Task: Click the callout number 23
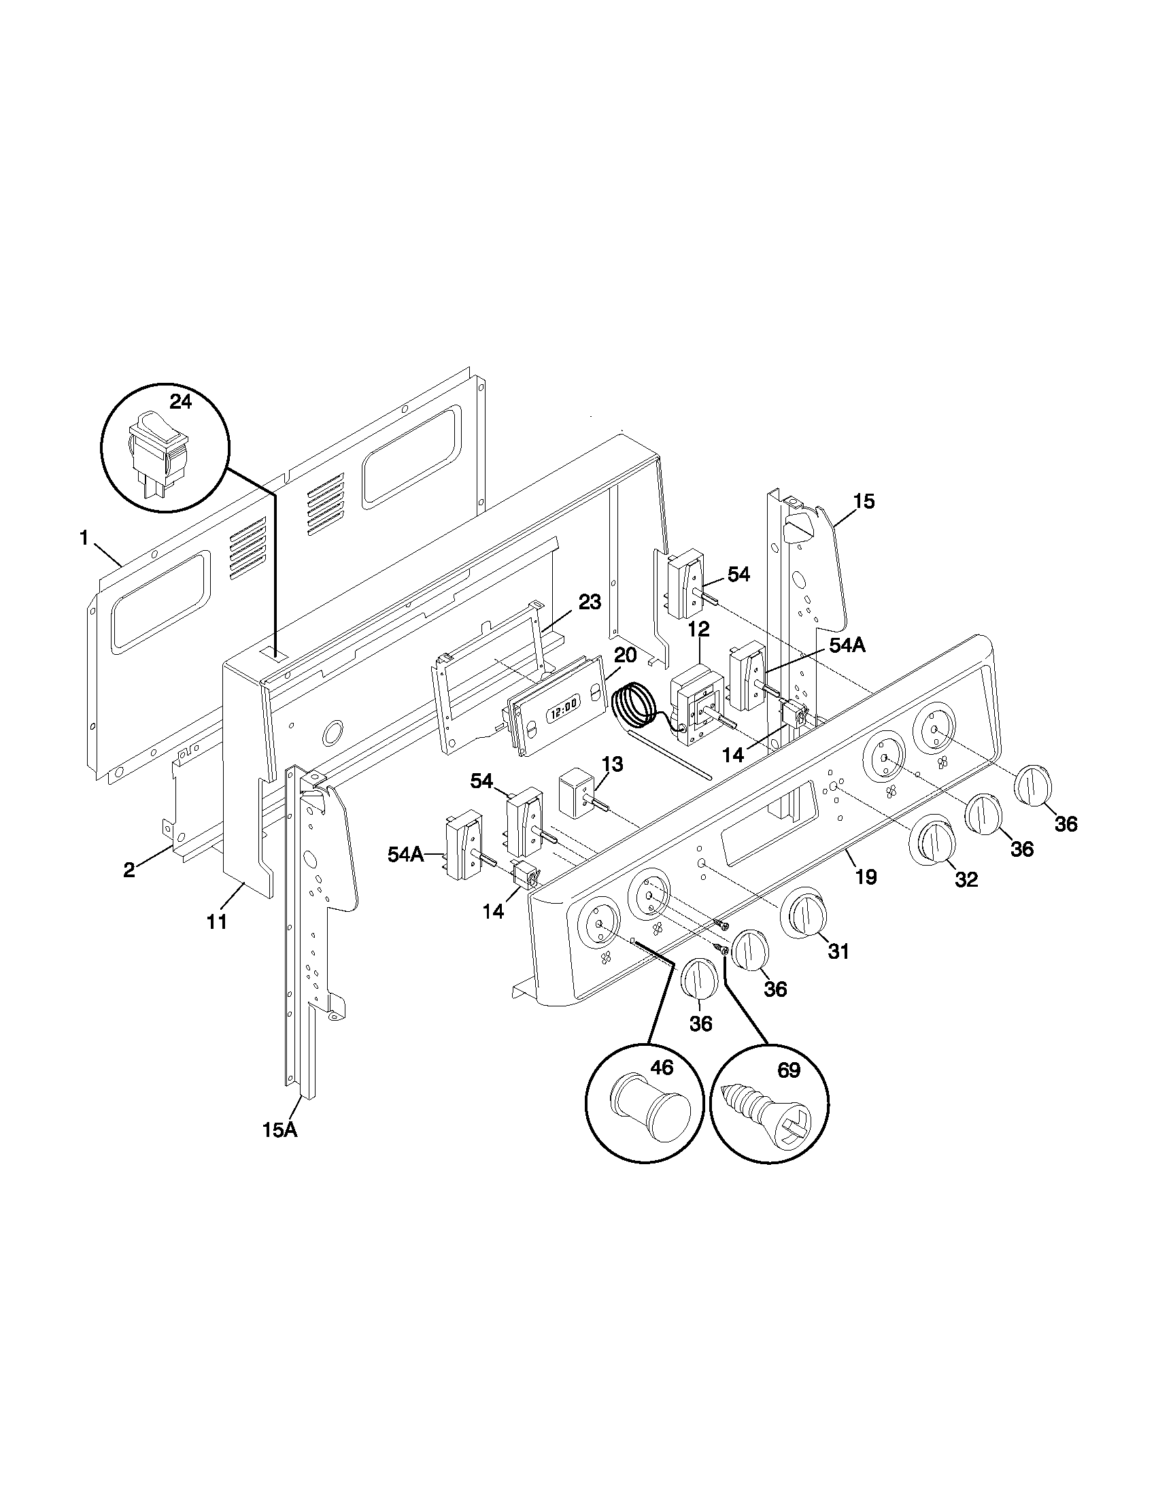(589, 602)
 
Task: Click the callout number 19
(866, 877)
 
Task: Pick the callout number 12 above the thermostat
(698, 629)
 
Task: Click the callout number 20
(624, 656)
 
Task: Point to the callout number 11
(216, 922)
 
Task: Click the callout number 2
(129, 870)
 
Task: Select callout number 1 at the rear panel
(84, 539)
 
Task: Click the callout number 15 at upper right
(864, 501)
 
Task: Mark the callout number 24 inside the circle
(180, 402)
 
